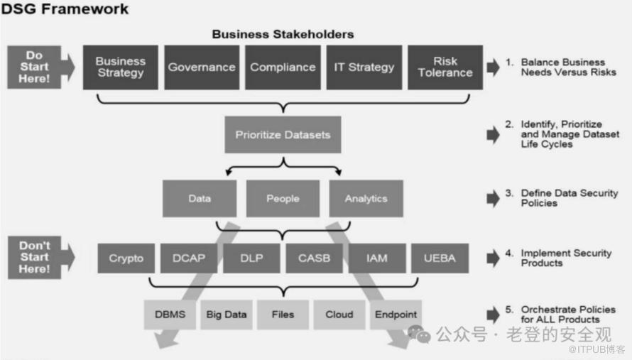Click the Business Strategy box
pyautogui.click(x=121, y=67)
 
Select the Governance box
pyautogui.click(x=202, y=67)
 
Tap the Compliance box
pyautogui.click(x=283, y=67)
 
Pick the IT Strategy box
pyautogui.click(x=364, y=67)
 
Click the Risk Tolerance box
pyautogui.click(x=445, y=67)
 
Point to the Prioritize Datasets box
pyautogui.click(x=283, y=135)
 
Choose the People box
pyautogui.click(x=283, y=198)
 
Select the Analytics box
pyautogui.click(x=366, y=198)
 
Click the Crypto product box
pyautogui.click(x=126, y=258)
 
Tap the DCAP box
pyautogui.click(x=189, y=258)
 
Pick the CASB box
pyautogui.click(x=315, y=258)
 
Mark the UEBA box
pyautogui.click(x=440, y=258)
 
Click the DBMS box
pyautogui.click(x=170, y=315)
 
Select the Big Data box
pyautogui.click(x=227, y=315)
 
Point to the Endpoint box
pyautogui.click(x=396, y=315)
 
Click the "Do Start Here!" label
pyautogui.click(x=34, y=67)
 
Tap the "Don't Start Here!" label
pyautogui.click(x=35, y=257)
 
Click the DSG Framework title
pyautogui.click(x=65, y=9)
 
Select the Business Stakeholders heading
pyautogui.click(x=283, y=34)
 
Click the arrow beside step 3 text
pyautogui.click(x=493, y=198)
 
